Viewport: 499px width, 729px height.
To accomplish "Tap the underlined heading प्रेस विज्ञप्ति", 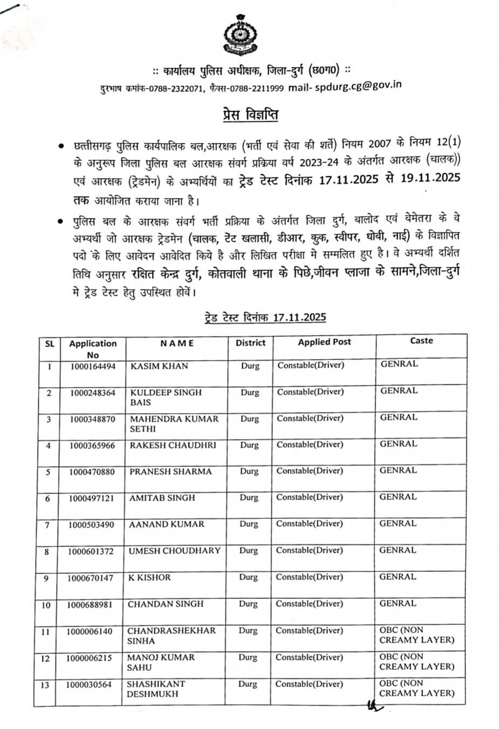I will [251, 114].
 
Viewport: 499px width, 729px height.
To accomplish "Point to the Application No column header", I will [93, 349].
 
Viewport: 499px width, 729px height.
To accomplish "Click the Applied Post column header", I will [324, 342].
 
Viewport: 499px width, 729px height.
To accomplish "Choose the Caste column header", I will [421, 340].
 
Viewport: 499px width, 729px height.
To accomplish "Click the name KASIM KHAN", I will [159, 366].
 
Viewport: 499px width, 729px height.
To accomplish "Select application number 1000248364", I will [93, 393].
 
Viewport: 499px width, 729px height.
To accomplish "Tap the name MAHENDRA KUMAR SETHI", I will [174, 424].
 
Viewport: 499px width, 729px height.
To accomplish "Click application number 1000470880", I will [92, 471].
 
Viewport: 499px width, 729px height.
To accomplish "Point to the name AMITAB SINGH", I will [162, 498].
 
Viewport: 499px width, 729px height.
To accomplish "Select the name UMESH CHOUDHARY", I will [174, 550].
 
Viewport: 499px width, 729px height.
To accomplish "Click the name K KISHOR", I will [149, 577].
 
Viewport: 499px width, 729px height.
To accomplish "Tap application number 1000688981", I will [90, 604].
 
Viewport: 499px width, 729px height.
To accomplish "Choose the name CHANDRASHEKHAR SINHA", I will [171, 636].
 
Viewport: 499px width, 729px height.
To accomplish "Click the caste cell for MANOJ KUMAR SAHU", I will [416, 661].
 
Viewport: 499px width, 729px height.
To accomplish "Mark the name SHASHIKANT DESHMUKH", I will [155, 688].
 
